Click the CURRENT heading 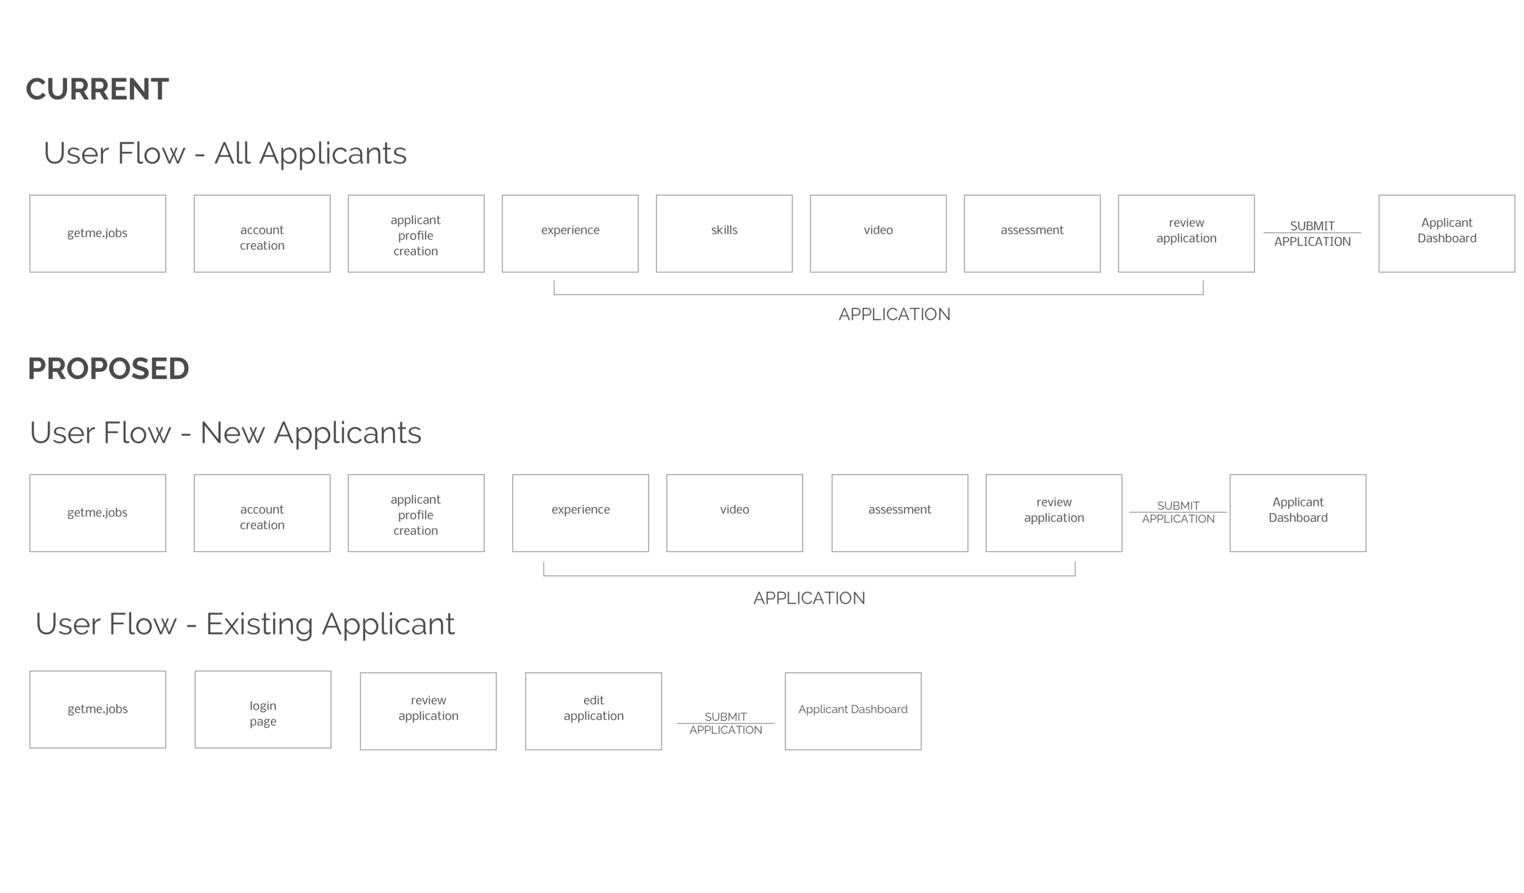click(x=97, y=90)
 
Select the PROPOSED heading click(x=109, y=369)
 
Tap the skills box click(x=724, y=233)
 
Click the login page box click(x=263, y=709)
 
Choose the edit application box click(x=593, y=711)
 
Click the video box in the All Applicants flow click(x=878, y=233)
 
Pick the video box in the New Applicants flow click(x=734, y=513)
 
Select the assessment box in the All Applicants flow click(x=1031, y=233)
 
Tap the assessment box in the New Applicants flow click(x=899, y=513)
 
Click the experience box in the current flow click(x=570, y=233)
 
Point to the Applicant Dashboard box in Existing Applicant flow click(x=852, y=711)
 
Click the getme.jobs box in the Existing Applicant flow click(x=98, y=709)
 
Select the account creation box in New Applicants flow click(x=262, y=513)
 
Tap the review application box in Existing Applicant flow click(x=428, y=711)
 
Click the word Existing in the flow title click(x=259, y=624)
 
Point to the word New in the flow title click(x=232, y=433)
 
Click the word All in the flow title click(x=232, y=153)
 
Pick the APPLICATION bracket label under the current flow click(x=894, y=315)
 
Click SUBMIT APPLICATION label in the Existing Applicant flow click(x=725, y=723)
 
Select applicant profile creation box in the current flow click(x=416, y=233)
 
